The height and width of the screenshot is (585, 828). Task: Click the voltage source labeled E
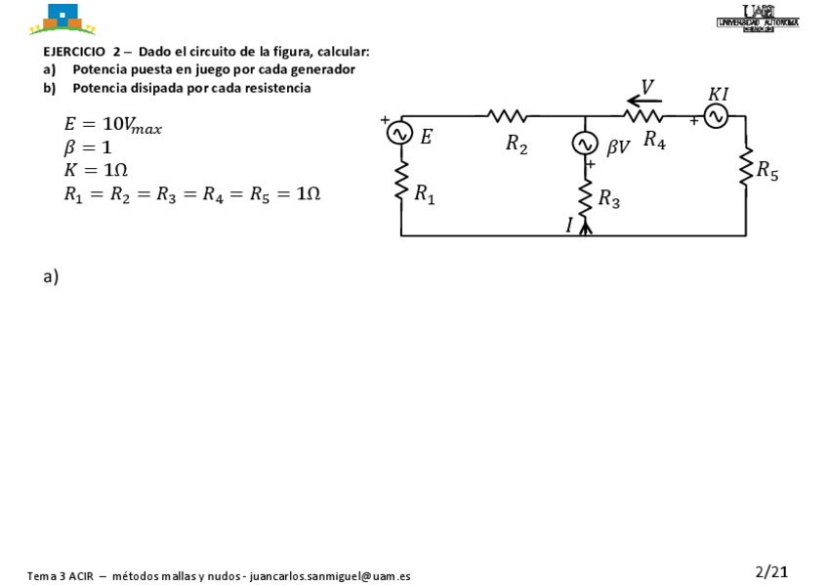(x=400, y=133)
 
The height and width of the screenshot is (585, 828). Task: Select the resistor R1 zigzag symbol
(x=400, y=181)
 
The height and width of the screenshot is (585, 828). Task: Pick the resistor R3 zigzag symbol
(x=586, y=198)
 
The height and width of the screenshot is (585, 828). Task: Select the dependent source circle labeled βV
(x=585, y=144)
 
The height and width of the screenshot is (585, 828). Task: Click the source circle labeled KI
(x=716, y=117)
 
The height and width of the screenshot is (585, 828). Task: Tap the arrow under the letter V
(x=644, y=99)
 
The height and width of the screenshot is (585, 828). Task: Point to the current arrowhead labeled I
(x=586, y=228)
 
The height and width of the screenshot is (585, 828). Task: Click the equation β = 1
(x=88, y=147)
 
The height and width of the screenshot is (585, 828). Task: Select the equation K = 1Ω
(x=96, y=170)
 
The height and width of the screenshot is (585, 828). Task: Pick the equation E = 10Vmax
(x=112, y=125)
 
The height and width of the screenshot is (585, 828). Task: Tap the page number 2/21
(x=771, y=571)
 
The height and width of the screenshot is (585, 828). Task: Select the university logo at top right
(x=758, y=19)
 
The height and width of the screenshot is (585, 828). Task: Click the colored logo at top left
(x=63, y=19)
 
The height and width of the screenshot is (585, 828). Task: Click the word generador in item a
(x=322, y=69)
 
